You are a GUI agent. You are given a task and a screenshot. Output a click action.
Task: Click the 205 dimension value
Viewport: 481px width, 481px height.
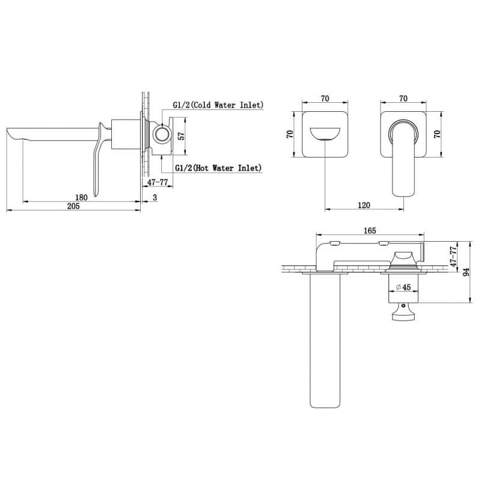point(73,206)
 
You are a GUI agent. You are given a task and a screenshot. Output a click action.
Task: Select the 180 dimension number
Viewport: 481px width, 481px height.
point(81,197)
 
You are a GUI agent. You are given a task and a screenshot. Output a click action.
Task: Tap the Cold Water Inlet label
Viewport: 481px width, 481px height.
point(218,105)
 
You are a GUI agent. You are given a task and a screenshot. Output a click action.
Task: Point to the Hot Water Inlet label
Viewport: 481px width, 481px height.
point(218,168)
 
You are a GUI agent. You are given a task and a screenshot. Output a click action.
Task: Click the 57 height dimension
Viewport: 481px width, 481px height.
point(182,136)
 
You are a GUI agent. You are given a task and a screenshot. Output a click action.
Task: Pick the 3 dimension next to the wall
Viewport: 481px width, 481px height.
point(155,198)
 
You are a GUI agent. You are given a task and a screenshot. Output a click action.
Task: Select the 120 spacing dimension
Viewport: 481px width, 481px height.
point(364,205)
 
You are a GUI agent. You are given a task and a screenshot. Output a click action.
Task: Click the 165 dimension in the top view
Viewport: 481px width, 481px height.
point(370,230)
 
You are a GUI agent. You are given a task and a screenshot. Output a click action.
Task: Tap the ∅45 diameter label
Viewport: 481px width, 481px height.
point(403,287)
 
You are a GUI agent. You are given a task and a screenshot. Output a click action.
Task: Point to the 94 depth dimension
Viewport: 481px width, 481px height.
point(466,272)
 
